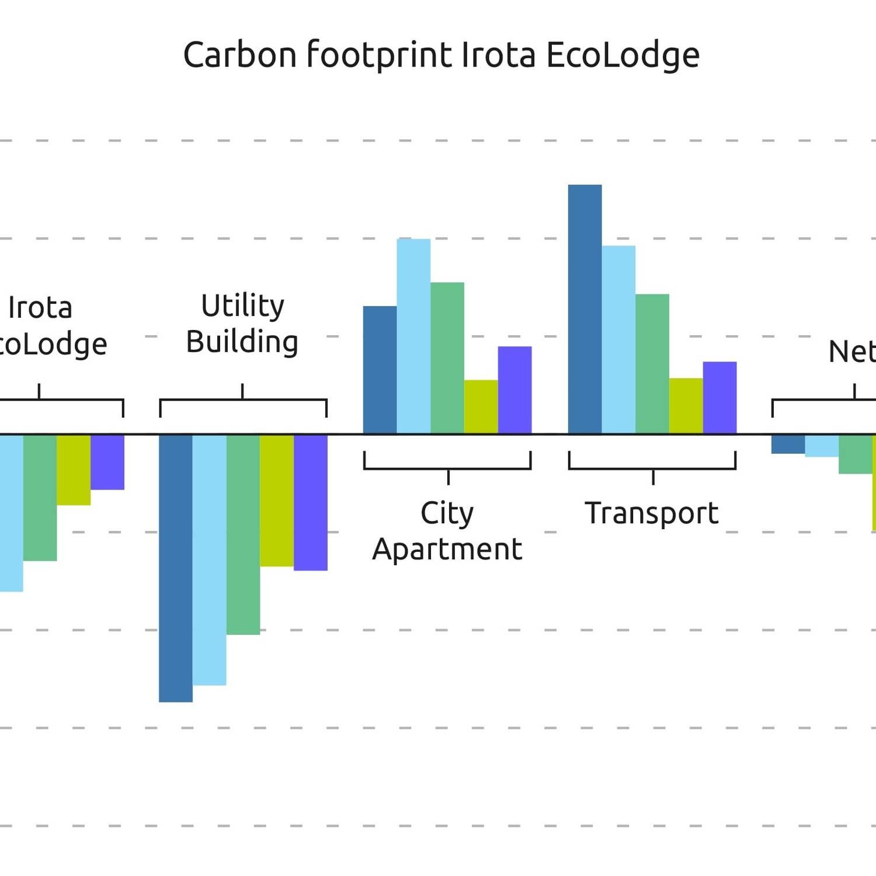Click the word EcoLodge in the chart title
(x=623, y=55)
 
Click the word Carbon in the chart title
(x=240, y=55)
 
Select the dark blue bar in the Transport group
(x=585, y=310)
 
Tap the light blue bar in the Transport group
(x=618, y=340)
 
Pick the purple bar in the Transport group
(x=719, y=398)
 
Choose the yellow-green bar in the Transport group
(x=686, y=406)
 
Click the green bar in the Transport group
(x=652, y=364)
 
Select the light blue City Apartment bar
(x=413, y=336)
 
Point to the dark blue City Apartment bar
(x=380, y=370)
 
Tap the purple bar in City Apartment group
(x=515, y=390)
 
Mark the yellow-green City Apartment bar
(x=481, y=407)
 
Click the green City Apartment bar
(x=447, y=358)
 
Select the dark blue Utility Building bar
(x=176, y=568)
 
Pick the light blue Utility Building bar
(x=209, y=560)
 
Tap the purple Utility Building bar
(x=310, y=503)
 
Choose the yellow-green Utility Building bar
(x=277, y=500)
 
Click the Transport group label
(x=652, y=513)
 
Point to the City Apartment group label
(x=447, y=531)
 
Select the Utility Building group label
(x=242, y=324)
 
